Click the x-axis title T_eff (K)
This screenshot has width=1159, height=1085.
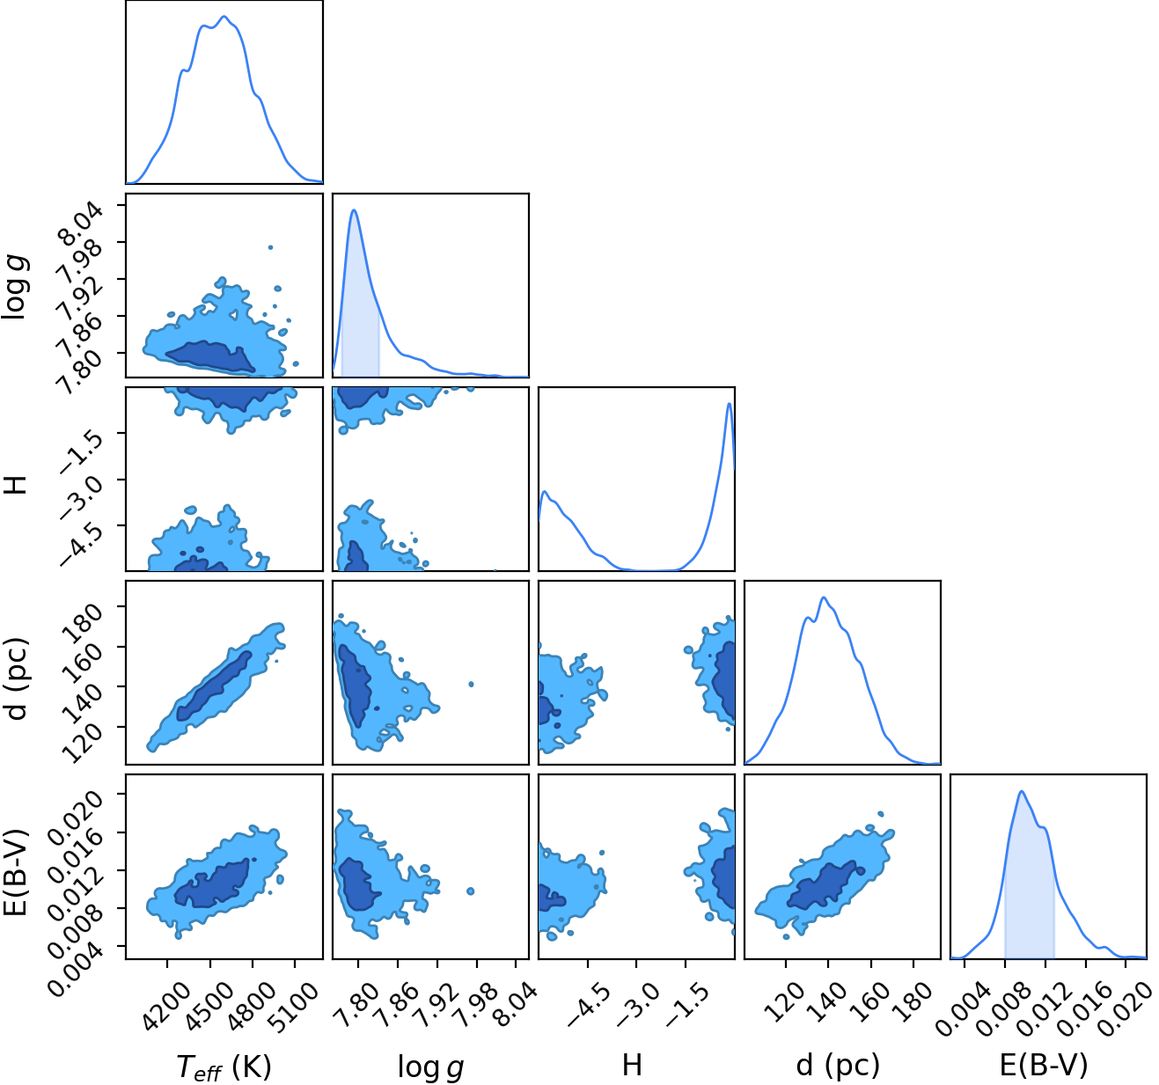click(224, 1067)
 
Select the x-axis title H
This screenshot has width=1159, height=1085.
click(632, 1065)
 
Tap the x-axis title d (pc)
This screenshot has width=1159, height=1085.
click(838, 1067)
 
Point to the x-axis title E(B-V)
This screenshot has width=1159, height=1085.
click(1044, 1066)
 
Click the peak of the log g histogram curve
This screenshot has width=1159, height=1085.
click(354, 210)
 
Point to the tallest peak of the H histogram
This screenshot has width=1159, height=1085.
click(729, 404)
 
